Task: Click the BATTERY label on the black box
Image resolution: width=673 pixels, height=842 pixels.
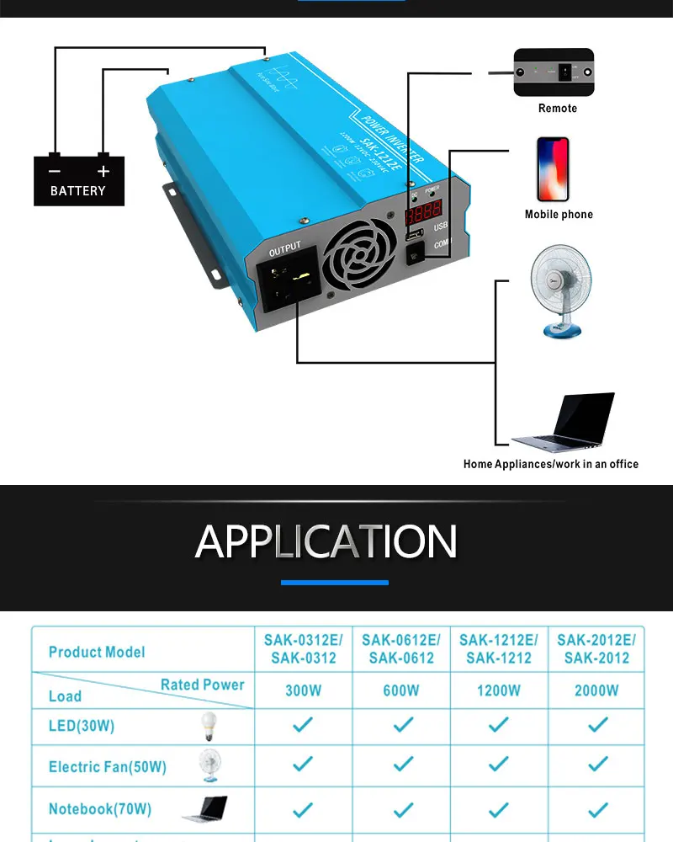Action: point(78,191)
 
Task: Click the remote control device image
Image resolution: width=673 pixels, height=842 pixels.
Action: point(554,72)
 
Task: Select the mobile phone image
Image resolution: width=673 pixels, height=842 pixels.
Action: point(554,168)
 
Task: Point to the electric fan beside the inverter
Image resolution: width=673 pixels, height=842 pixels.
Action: point(560,290)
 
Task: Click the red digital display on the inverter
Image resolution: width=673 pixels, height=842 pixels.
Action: point(423,212)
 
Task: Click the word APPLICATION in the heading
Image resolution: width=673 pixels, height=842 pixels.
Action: point(326,541)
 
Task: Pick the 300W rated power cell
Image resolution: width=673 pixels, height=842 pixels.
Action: point(303,690)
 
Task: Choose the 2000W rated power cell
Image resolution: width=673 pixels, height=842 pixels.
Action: point(596,690)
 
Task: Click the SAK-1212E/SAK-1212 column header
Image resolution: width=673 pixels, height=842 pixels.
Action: point(499,649)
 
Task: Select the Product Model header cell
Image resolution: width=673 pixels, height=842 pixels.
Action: point(97,652)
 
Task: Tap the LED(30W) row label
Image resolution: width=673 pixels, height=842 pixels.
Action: point(82,725)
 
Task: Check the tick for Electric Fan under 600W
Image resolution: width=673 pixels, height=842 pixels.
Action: point(403,765)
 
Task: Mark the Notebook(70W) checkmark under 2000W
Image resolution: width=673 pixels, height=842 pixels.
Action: point(597,808)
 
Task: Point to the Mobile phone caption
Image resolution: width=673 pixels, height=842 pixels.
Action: point(559,215)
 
